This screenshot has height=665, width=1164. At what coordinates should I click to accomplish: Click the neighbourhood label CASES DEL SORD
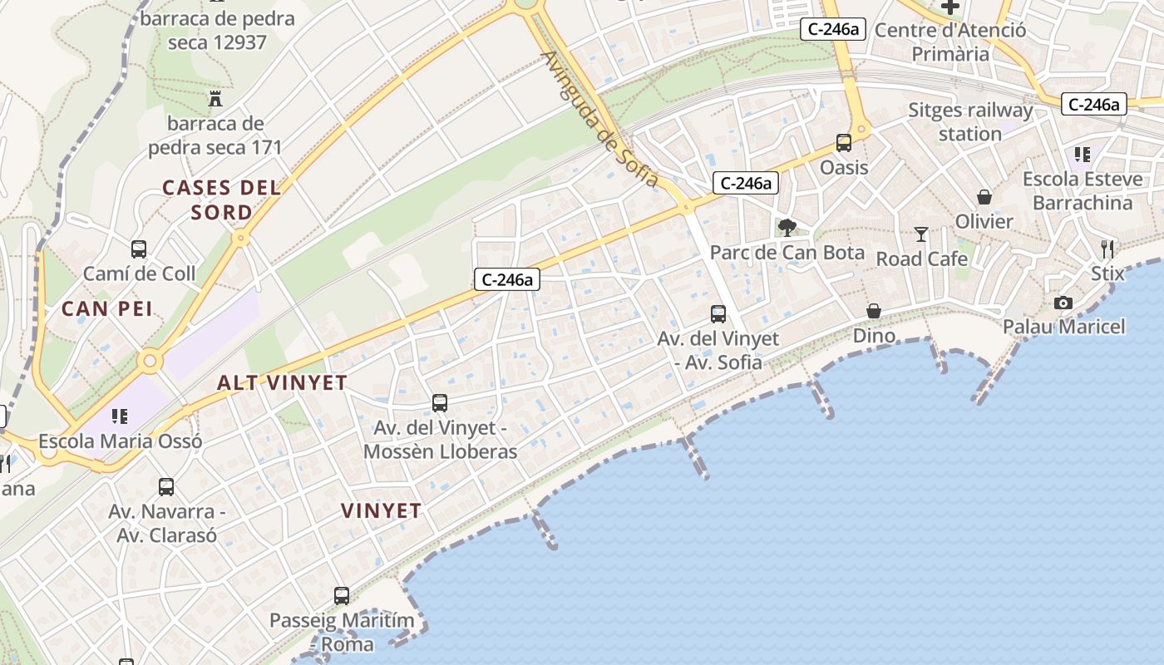pos(221,199)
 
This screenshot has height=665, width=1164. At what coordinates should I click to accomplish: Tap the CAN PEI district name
pos(107,309)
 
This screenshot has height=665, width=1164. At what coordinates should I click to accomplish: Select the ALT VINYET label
pos(282,383)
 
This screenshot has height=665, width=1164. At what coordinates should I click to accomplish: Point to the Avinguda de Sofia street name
pos(599,119)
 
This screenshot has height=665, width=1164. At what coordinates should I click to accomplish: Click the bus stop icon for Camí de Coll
pos(139,249)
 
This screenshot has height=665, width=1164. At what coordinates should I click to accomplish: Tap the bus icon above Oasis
pos(844,143)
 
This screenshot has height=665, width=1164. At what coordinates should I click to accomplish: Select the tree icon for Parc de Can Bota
pos(787,227)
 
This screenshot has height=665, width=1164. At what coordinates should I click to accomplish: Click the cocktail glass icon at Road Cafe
pos(921,234)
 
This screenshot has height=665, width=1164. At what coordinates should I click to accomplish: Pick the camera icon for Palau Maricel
pos(1063,303)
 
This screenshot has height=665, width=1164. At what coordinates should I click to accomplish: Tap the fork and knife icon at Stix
pos(1107,249)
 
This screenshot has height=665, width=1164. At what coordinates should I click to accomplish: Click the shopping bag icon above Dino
pos(874,311)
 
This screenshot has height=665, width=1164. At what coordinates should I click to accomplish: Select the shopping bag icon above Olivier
pos(984,197)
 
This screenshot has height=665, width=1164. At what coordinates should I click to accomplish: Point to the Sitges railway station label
pos(970,122)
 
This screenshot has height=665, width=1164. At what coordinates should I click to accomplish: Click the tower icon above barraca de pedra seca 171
pos(216,99)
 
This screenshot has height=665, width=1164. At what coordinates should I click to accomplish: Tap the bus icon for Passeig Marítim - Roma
pos(342,595)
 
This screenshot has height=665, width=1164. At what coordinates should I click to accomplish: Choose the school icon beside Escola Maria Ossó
pos(120,416)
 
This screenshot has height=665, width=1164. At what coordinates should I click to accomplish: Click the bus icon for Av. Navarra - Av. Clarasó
pos(166,486)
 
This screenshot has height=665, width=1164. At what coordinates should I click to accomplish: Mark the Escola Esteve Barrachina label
pos(1078,191)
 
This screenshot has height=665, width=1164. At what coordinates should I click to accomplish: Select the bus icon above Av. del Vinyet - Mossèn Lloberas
pos(440,403)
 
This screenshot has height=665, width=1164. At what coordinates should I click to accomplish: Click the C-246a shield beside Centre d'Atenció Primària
pos(833,29)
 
